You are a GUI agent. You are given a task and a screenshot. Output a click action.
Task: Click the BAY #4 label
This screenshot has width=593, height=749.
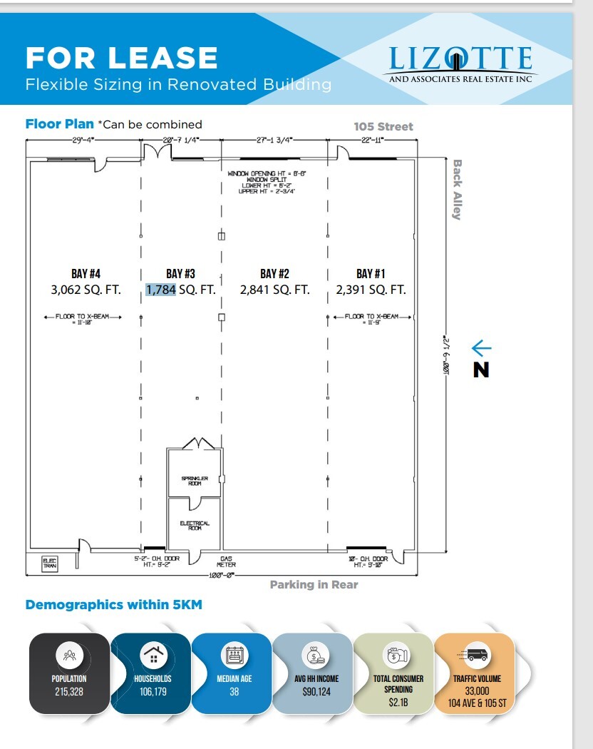coord(80,273)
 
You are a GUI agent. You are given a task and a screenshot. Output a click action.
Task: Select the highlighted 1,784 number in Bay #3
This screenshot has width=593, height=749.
coord(160,290)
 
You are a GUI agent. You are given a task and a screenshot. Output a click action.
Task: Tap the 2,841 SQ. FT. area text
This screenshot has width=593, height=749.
coord(274,290)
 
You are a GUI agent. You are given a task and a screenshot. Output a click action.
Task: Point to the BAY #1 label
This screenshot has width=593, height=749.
coord(371,273)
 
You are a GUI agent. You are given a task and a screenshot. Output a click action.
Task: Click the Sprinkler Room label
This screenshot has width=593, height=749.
coord(190,481)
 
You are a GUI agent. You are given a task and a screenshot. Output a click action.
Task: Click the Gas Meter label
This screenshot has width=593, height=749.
coord(227,561)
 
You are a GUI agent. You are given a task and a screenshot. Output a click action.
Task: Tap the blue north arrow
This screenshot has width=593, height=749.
coord(481,347)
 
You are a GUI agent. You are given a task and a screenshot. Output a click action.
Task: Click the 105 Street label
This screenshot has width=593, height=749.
coord(383,126)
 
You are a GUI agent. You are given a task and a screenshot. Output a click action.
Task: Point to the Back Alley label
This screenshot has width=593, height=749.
coord(457,189)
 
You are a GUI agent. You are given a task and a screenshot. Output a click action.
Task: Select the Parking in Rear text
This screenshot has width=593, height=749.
coord(314,585)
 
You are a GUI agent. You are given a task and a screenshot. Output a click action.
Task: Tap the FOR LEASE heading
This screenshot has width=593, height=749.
coord(121,58)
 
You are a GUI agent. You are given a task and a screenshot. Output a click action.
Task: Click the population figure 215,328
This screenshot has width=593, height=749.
coord(69,691)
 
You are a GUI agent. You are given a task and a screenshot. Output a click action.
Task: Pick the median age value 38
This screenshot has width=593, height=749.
coord(234,691)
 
